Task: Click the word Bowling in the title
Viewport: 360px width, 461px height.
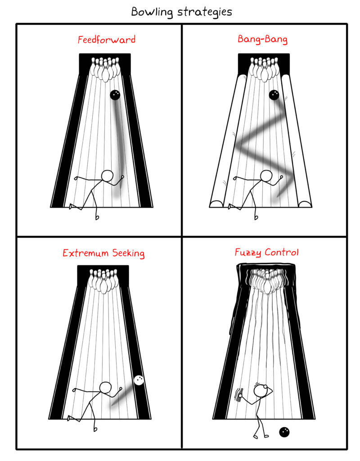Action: click(x=152, y=12)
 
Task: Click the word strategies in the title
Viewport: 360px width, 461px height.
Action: click(x=205, y=12)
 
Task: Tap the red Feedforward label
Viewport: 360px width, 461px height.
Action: click(x=107, y=40)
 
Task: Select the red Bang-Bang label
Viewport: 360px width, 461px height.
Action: click(x=262, y=40)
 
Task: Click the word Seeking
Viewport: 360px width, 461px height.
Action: click(x=128, y=253)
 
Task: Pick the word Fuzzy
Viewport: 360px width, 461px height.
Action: click(x=248, y=253)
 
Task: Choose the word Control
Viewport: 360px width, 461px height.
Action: click(x=282, y=252)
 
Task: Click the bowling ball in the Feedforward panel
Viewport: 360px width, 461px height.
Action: click(x=115, y=95)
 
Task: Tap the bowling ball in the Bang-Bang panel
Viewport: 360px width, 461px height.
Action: click(x=274, y=95)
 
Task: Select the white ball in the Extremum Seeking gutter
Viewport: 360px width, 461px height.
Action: click(x=139, y=380)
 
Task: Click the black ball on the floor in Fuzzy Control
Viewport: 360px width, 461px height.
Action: click(x=284, y=432)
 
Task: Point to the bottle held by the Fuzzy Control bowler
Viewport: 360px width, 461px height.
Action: click(x=239, y=395)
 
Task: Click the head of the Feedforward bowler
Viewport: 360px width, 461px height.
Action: click(x=107, y=176)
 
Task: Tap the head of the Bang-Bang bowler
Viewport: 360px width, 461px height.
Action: click(x=266, y=176)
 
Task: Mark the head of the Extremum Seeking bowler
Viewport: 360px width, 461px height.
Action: click(x=105, y=388)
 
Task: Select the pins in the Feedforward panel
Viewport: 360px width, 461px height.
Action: click(x=105, y=69)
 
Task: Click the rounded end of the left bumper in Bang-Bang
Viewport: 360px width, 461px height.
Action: click(x=216, y=204)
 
